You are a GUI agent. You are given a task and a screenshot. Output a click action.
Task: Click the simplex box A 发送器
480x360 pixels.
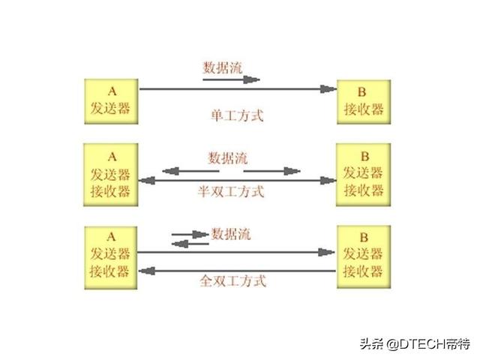[x=109, y=99]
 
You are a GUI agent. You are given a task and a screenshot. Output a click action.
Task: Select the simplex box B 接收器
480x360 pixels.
[x=364, y=99]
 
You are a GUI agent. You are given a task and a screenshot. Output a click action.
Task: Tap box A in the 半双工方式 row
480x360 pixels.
[x=109, y=174]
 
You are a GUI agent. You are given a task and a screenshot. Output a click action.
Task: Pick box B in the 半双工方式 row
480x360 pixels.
[x=364, y=174]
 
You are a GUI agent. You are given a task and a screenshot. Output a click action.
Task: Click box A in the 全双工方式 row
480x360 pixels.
[x=109, y=256]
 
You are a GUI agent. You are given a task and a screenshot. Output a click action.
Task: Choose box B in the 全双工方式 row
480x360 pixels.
[x=364, y=256]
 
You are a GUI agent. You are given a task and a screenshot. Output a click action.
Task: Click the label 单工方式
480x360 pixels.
[x=237, y=116]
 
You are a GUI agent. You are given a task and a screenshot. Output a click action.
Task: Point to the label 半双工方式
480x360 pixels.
[x=231, y=191]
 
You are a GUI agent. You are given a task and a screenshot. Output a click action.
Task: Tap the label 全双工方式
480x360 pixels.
[x=233, y=282]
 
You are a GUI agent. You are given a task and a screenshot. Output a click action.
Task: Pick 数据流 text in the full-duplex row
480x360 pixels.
[x=231, y=235]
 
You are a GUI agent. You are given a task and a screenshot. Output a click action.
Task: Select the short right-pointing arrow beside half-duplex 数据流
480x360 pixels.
[x=271, y=171]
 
